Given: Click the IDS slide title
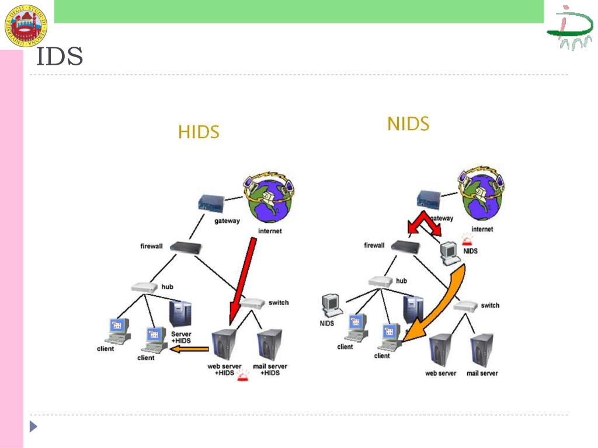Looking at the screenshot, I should point(60,58).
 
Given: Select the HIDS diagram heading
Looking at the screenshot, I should point(199,132).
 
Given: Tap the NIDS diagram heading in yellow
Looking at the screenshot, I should point(408,124).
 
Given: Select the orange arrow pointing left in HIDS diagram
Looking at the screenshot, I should point(190,349).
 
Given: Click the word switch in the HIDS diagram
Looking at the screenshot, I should point(279,303).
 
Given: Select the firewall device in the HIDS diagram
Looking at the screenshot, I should point(186,247).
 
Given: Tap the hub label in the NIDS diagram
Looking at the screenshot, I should point(402,281).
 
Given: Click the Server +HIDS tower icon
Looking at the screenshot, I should point(180,313).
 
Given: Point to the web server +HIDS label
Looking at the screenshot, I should point(224,369).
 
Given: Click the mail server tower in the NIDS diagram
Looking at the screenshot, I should point(482,350).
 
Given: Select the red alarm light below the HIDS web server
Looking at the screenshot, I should point(242,380).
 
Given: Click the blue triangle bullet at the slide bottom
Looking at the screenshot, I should point(33,426).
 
